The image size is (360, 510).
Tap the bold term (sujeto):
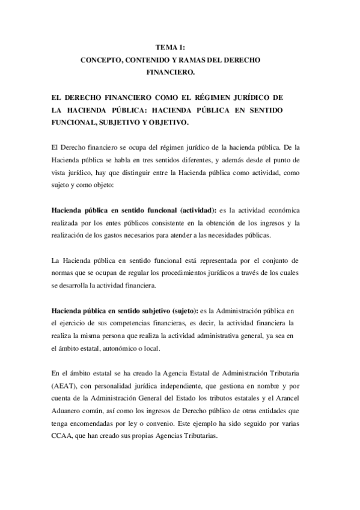point(180,310)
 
